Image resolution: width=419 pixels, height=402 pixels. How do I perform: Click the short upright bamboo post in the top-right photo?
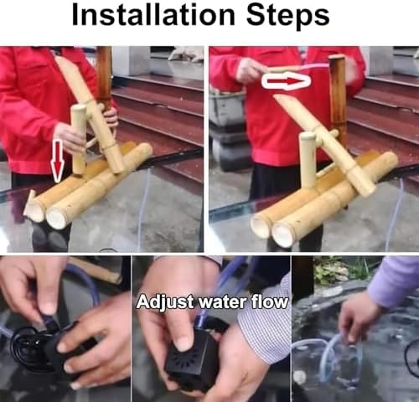[x=308, y=159]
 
